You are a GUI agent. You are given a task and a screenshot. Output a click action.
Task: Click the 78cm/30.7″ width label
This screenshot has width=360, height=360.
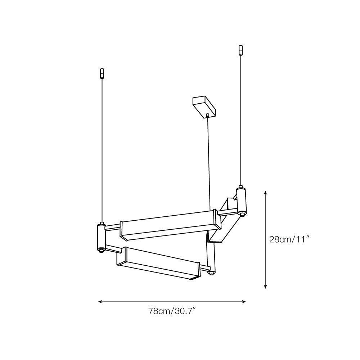point(172,311)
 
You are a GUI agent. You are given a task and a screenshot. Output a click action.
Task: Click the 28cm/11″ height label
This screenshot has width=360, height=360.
point(290,239)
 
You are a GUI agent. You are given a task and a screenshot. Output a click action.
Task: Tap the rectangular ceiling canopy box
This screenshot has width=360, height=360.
point(204,107)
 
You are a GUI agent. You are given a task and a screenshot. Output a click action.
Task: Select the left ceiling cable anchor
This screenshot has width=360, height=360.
point(102,73)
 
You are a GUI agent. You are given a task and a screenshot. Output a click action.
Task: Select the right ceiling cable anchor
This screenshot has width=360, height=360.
point(240,50)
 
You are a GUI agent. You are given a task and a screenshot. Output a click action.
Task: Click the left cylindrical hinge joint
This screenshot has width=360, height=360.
point(101,237)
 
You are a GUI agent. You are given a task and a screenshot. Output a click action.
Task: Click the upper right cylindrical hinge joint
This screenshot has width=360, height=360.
point(241,200)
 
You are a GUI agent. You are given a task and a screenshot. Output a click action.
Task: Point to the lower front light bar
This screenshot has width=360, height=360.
point(158,264)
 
